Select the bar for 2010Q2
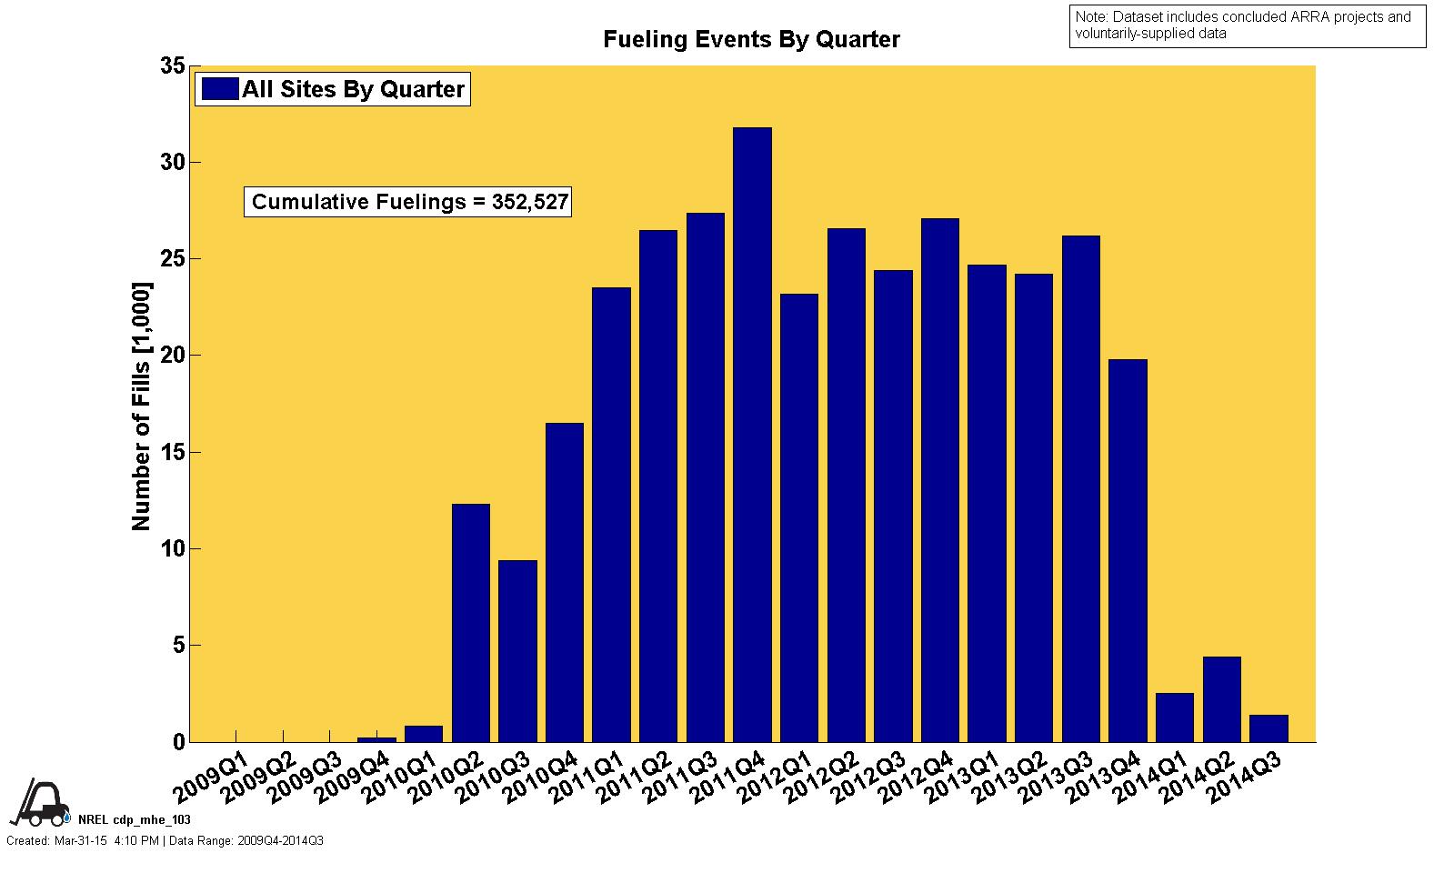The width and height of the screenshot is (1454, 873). click(470, 623)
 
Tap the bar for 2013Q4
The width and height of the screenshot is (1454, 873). click(1128, 550)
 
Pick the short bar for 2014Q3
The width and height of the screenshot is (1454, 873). click(1268, 728)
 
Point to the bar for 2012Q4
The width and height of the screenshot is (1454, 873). click(939, 480)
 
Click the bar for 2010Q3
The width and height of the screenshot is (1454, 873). click(517, 651)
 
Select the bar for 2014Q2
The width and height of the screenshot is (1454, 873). click(1221, 699)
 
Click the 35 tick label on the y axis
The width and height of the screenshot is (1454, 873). click(172, 66)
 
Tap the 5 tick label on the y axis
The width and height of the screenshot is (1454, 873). click(177, 646)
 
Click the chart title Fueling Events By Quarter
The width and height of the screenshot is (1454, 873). click(751, 40)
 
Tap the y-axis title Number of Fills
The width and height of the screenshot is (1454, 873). click(141, 406)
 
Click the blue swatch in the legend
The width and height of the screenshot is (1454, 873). click(219, 89)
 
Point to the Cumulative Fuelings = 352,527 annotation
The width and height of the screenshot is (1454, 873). click(409, 202)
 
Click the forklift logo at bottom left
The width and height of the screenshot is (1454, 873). click(40, 801)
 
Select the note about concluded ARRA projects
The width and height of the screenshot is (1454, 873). click(1247, 25)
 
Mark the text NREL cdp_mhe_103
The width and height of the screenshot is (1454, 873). click(135, 819)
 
